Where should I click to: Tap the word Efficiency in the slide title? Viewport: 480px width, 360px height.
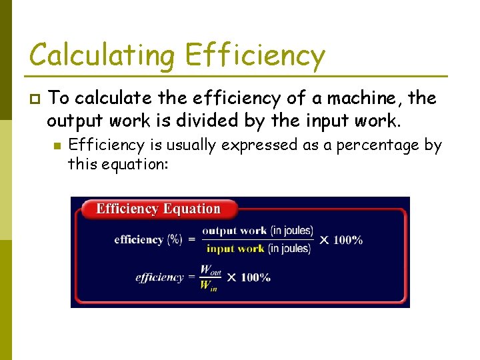click(x=255, y=55)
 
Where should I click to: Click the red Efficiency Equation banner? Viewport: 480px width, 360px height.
click(x=158, y=209)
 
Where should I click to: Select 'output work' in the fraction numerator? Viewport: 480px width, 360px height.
click(x=234, y=231)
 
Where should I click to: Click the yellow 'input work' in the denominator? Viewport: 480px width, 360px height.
click(x=235, y=249)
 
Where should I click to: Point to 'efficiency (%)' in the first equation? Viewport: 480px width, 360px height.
click(x=148, y=239)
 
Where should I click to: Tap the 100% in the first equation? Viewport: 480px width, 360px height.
click(x=348, y=239)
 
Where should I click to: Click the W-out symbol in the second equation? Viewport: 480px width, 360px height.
click(x=210, y=270)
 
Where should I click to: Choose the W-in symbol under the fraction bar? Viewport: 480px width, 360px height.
click(x=208, y=286)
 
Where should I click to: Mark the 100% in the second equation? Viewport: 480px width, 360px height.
click(x=255, y=277)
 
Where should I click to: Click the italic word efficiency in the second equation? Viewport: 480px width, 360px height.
click(x=159, y=277)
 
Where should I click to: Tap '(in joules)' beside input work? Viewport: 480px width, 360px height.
click(x=289, y=249)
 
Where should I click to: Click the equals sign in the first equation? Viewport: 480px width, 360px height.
click(x=192, y=239)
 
